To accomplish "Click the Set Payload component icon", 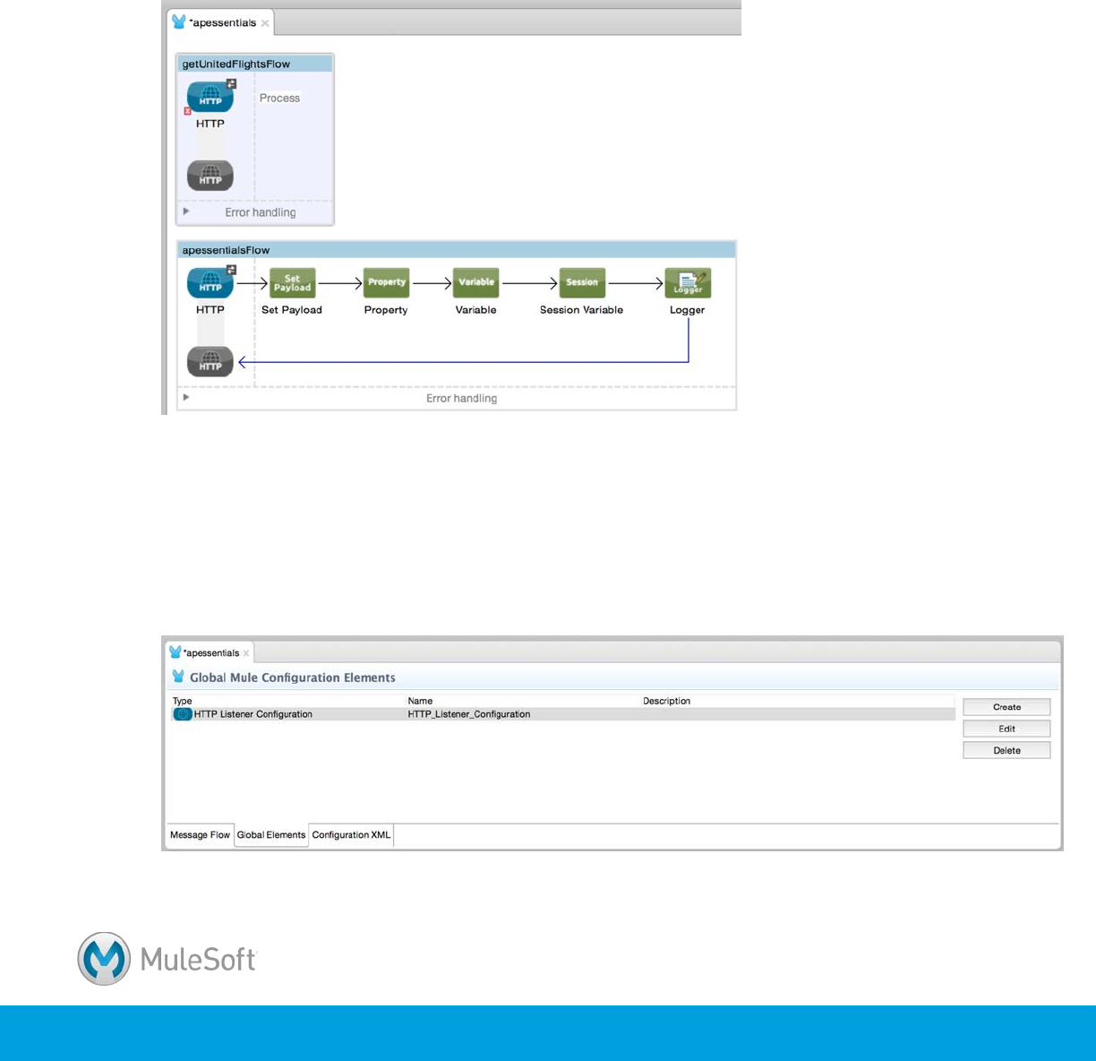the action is click(x=293, y=283).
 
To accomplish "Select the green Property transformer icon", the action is click(x=386, y=283).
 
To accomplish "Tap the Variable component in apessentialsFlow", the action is click(x=475, y=283).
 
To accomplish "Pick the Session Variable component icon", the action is click(x=581, y=283).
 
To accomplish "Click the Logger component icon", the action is click(x=688, y=283).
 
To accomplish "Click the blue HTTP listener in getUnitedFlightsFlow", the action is click(x=210, y=97).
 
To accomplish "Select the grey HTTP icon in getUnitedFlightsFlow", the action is click(x=210, y=177).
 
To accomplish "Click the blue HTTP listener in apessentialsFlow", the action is click(x=210, y=283).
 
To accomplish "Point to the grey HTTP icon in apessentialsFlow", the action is click(x=210, y=362).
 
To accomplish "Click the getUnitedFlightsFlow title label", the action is click(x=236, y=65).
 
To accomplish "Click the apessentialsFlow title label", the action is click(x=226, y=251).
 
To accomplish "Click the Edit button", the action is click(x=1006, y=729).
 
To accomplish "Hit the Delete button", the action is click(x=1006, y=751).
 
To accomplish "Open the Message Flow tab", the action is click(x=200, y=835).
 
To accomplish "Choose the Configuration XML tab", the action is click(x=351, y=835).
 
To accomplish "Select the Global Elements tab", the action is click(x=271, y=835).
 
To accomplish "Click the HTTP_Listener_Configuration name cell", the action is click(x=469, y=714).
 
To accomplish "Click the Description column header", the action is click(x=666, y=701).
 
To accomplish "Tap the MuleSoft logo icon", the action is click(x=105, y=959).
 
